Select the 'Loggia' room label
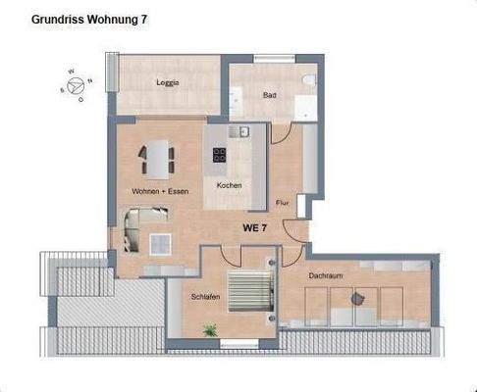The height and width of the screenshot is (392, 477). (x=167, y=82)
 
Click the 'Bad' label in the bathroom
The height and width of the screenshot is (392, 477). (x=269, y=95)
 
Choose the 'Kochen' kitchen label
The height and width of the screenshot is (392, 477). (x=229, y=185)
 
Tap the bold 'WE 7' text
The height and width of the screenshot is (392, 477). (x=255, y=227)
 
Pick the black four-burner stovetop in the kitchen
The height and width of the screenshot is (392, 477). (x=220, y=154)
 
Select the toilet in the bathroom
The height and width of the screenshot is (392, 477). (x=307, y=82)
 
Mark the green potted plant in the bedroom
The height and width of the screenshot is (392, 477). (x=209, y=331)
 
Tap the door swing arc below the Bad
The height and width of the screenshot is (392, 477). (x=282, y=135)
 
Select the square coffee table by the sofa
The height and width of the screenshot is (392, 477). (x=160, y=242)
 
